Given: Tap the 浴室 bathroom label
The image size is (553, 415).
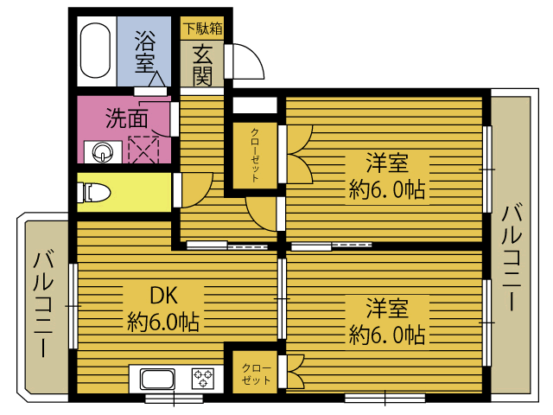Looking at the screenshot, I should pos(146,51).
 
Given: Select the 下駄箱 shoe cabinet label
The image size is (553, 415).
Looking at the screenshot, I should pos(201,28).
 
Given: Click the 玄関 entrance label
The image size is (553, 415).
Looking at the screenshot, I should pos(202,65).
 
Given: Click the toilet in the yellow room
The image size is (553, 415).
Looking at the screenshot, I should pos(94,192).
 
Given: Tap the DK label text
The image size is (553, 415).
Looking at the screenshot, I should pos(164,296).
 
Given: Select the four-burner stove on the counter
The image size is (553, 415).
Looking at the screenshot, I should pos(203,379).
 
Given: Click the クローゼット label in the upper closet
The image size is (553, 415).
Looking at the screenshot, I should pos(256,155).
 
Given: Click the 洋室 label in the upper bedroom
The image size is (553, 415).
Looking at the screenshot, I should pos(385,163).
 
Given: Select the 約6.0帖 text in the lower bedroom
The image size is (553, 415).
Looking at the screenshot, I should pos(386,334).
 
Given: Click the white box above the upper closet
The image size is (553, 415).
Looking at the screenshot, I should pos(256,105).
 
